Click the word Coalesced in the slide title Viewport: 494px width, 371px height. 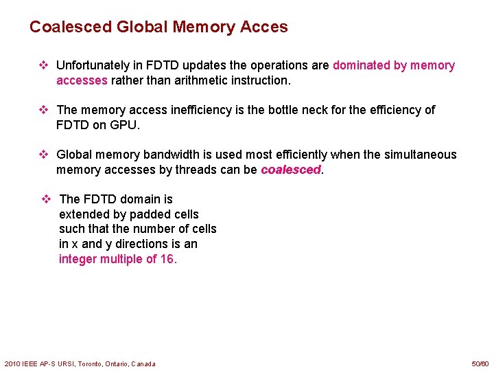pos(70,27)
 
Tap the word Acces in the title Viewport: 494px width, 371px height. pos(264,27)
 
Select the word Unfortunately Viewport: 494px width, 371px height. pos(92,65)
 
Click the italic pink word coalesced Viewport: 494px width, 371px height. pos(290,170)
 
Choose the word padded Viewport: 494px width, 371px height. pos(152,214)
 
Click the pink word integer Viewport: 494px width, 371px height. pos(78,259)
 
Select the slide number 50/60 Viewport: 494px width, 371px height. pos(480,363)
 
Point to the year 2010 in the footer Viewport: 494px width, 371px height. pos(12,363)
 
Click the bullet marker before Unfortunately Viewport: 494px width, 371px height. pos(43,65)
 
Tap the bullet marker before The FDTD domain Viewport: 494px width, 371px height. pos(47,199)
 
